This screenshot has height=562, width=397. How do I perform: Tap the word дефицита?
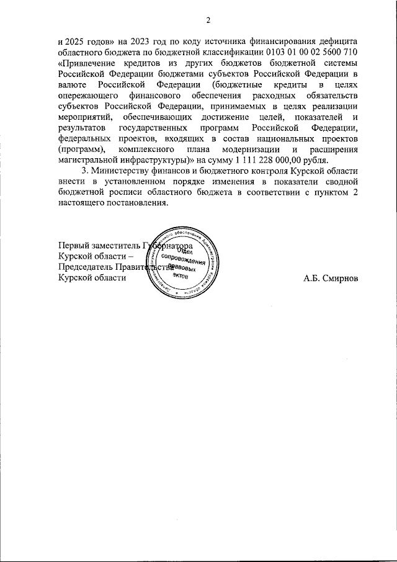pyautogui.click(x=336, y=38)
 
